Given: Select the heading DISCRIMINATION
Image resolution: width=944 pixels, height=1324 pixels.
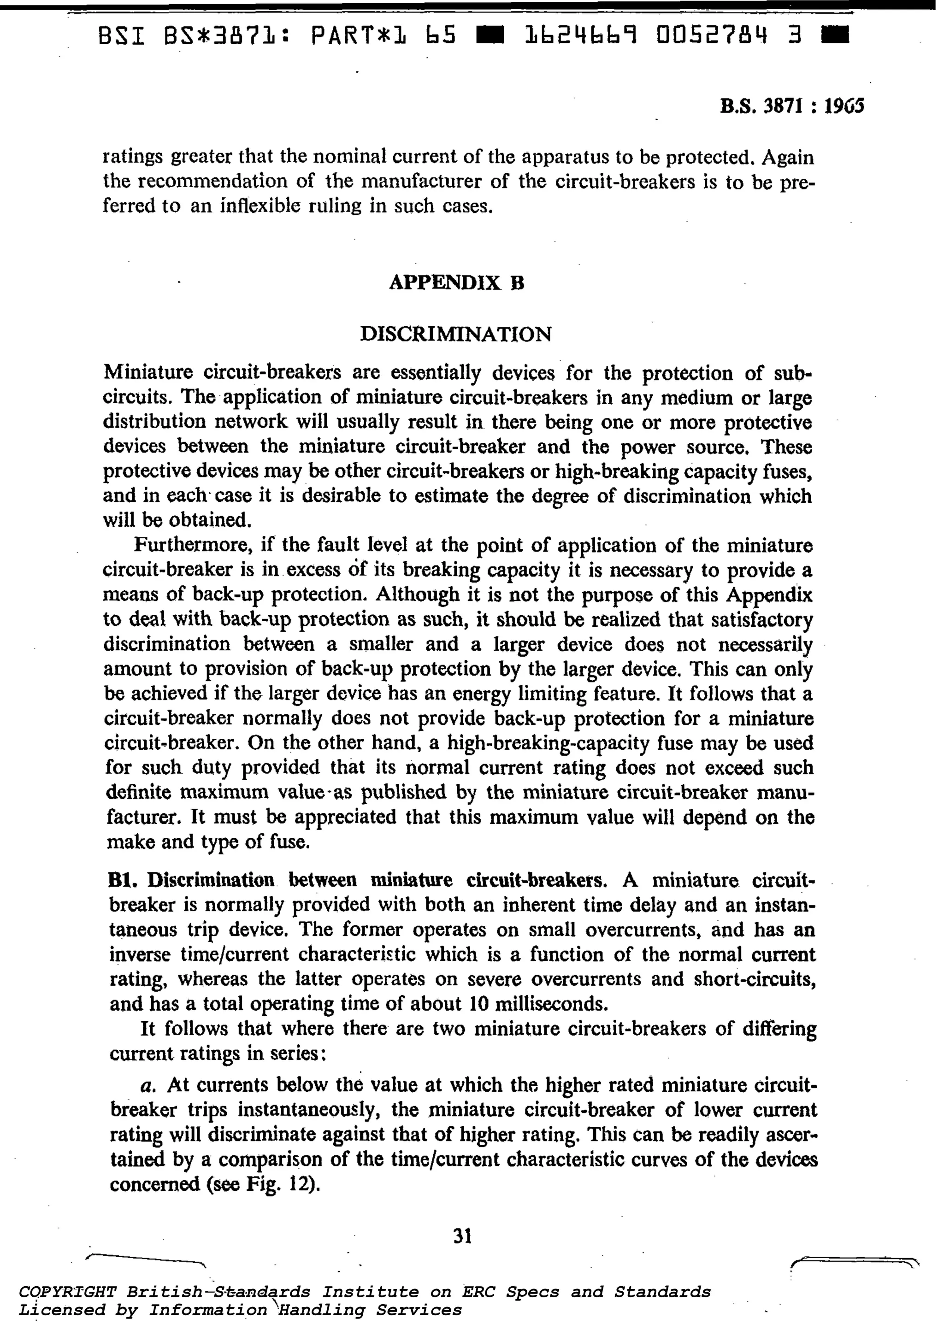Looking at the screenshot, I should point(456,334).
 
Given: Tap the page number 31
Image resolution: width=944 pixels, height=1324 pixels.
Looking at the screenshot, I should point(462,1235).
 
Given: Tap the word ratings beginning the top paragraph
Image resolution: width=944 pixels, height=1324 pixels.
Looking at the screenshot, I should point(131,158).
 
